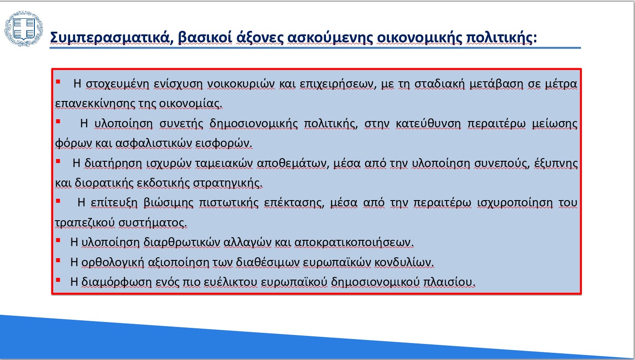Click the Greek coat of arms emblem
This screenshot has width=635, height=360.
(x=24, y=29)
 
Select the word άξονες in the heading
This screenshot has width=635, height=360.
(x=259, y=38)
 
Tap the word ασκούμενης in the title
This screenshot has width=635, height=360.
(x=330, y=38)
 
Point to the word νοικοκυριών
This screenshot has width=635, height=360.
(x=241, y=84)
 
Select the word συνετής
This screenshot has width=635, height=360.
(x=181, y=124)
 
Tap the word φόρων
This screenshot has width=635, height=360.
(x=74, y=143)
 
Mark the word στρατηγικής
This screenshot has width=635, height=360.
(x=228, y=183)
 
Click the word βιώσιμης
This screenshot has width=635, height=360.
(x=168, y=203)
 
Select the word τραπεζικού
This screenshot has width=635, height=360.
(x=85, y=223)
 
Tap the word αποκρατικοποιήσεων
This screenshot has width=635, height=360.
(x=354, y=243)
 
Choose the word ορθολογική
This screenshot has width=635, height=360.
(x=113, y=263)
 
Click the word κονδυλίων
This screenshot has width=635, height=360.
(x=404, y=263)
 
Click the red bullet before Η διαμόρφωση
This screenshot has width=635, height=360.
(x=58, y=280)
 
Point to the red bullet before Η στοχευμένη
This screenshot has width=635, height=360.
(x=58, y=82)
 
